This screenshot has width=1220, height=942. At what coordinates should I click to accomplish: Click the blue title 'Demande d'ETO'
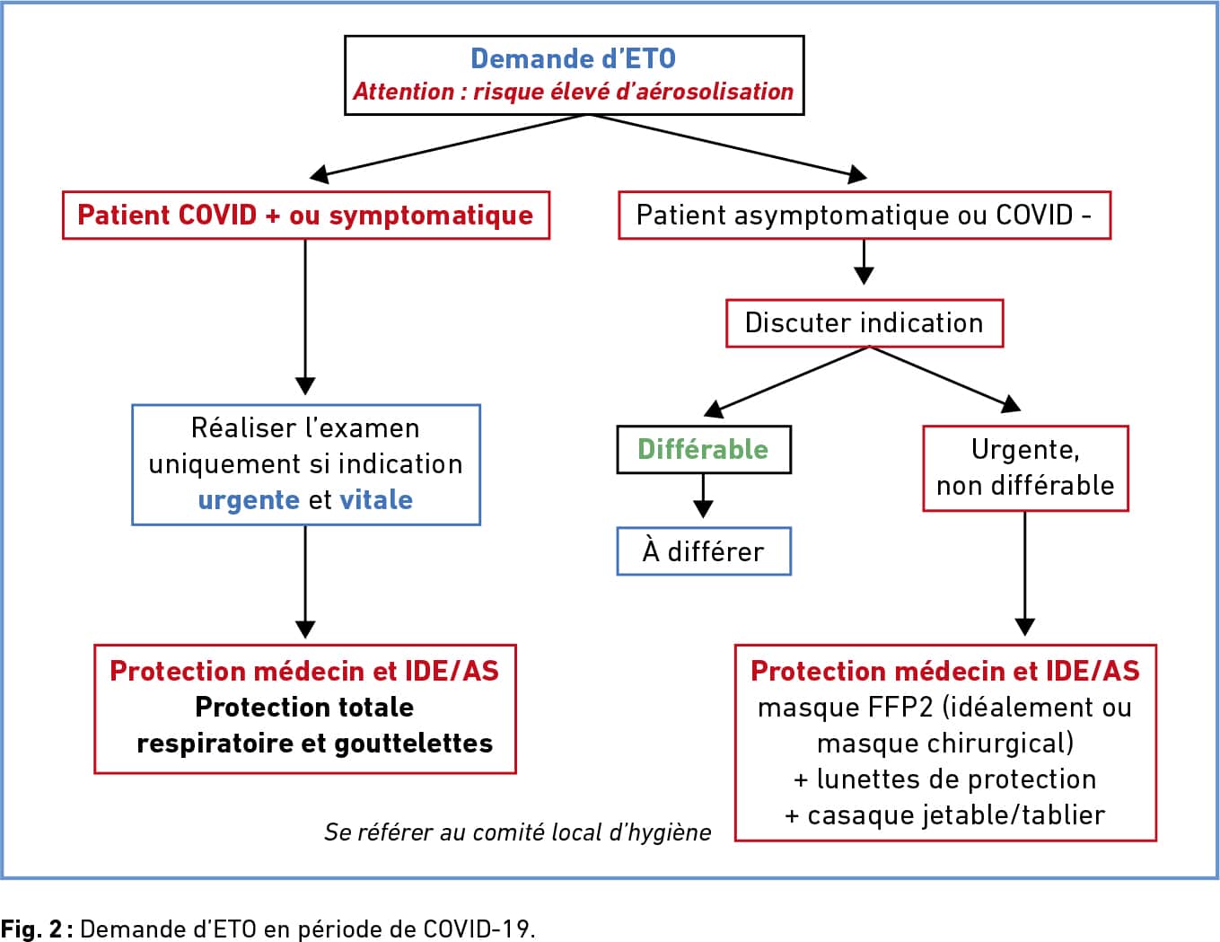[574, 58]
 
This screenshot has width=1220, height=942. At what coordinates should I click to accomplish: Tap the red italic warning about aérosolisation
[574, 92]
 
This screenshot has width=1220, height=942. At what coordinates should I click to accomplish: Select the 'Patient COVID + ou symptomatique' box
[306, 216]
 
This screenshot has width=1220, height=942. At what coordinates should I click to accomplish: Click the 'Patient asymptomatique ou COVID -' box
[865, 216]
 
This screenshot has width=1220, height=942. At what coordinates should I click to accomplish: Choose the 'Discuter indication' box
[865, 323]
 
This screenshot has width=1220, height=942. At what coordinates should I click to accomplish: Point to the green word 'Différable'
[703, 449]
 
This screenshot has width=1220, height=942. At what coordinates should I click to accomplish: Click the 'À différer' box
[704, 551]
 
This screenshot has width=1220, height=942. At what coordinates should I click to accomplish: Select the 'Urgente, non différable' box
[1026, 468]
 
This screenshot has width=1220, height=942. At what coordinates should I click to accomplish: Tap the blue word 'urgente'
[249, 500]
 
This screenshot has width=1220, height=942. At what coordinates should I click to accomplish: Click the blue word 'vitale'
[376, 499]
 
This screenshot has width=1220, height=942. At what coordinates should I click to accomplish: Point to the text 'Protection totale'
[304, 707]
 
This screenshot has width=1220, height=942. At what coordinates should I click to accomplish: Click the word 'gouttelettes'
[414, 744]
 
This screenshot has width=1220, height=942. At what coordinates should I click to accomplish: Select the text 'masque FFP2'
[846, 708]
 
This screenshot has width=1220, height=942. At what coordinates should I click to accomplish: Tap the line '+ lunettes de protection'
[945, 779]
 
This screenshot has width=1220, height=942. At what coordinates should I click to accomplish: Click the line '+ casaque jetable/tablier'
[945, 815]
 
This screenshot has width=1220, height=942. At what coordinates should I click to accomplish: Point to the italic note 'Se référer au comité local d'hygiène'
[518, 832]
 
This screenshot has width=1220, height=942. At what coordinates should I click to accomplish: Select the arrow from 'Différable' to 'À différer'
[703, 496]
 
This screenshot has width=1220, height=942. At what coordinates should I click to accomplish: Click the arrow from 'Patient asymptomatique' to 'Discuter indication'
[864, 262]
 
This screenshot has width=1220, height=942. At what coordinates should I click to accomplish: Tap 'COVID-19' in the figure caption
[476, 929]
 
